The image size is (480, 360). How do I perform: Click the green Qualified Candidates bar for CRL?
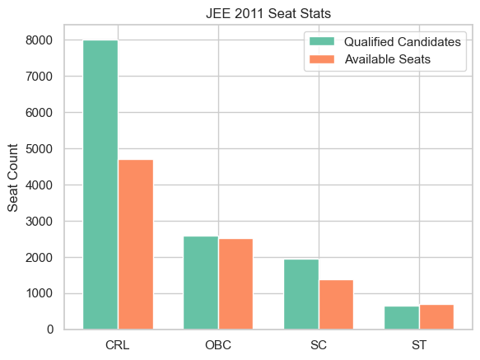pyautogui.click(x=100, y=185)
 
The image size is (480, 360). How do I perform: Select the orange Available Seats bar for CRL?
pyautogui.click(x=135, y=245)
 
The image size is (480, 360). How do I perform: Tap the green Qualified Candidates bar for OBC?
pyautogui.click(x=201, y=283)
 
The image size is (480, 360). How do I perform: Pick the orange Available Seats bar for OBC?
pyautogui.click(x=235, y=284)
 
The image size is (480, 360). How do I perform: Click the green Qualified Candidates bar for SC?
pyautogui.click(x=301, y=294)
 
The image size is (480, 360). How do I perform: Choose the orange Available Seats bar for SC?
pyautogui.click(x=336, y=305)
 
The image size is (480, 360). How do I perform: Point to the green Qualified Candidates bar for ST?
pyautogui.click(x=402, y=318)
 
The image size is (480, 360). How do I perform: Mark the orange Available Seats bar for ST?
pyautogui.click(x=436, y=317)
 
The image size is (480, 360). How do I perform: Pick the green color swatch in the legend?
pyautogui.click(x=321, y=41)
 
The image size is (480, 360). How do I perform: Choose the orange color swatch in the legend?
pyautogui.click(x=321, y=59)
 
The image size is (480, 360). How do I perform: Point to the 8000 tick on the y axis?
pyautogui.click(x=39, y=40)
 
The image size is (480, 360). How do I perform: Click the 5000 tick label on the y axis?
pyautogui.click(x=39, y=149)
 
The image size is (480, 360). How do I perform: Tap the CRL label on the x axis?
pyautogui.click(x=118, y=344)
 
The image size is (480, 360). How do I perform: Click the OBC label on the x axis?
pyautogui.click(x=218, y=344)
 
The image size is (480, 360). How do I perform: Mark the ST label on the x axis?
pyautogui.click(x=419, y=344)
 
